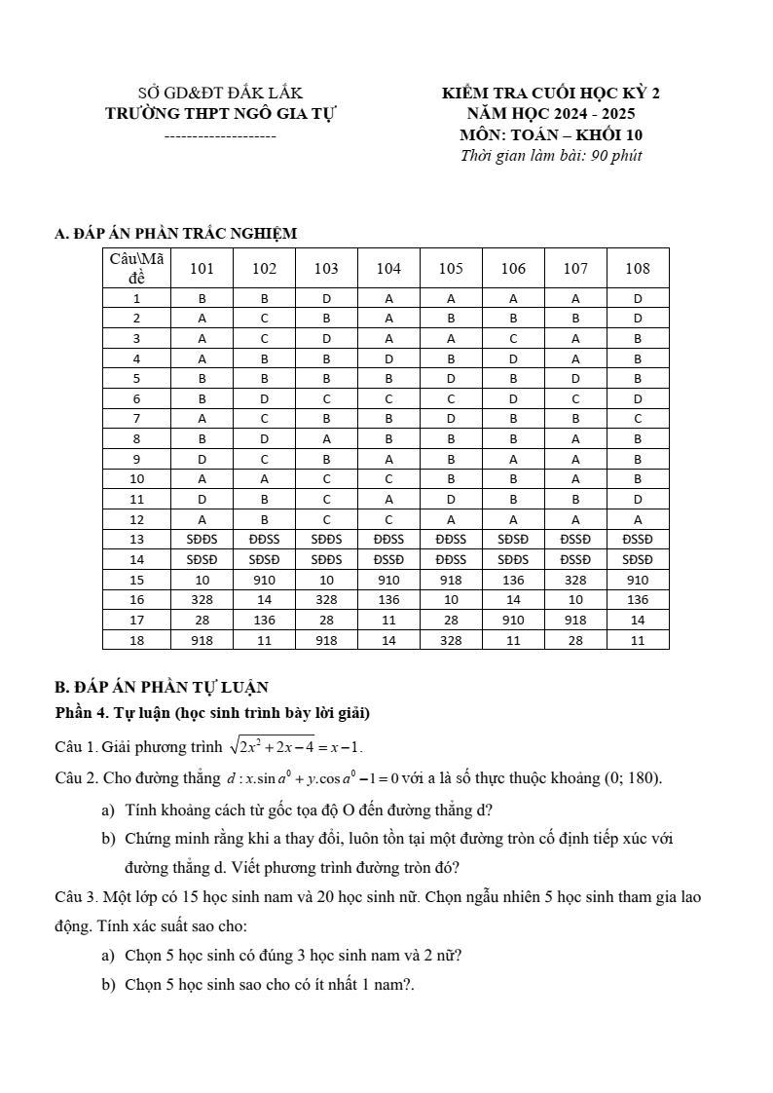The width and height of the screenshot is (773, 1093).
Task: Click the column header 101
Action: (x=202, y=269)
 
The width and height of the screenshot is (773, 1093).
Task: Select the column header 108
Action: (x=638, y=269)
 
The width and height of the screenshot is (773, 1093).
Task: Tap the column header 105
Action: (x=451, y=269)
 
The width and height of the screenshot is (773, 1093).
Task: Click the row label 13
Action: (x=136, y=539)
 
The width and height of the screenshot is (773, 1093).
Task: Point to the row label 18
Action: (x=136, y=640)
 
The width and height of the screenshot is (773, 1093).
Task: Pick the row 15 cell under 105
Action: (x=451, y=580)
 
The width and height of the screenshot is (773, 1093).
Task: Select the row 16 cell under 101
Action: (x=202, y=600)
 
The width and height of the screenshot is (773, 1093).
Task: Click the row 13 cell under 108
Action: (x=638, y=539)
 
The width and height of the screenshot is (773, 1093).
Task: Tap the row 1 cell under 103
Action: (x=326, y=298)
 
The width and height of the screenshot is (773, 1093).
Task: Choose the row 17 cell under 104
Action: (x=388, y=620)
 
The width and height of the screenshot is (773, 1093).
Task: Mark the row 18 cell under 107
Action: (x=575, y=640)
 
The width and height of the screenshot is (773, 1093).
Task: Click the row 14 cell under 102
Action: (x=264, y=560)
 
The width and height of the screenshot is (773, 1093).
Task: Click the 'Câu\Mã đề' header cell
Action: (x=136, y=268)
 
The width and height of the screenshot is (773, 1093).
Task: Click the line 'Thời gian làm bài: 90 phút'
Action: (x=551, y=156)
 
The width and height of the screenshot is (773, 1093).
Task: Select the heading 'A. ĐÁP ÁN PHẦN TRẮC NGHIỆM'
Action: (x=176, y=234)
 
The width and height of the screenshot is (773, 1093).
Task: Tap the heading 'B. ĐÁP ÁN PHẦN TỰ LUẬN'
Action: (x=162, y=687)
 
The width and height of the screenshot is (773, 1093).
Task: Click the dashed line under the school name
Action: (x=220, y=135)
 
